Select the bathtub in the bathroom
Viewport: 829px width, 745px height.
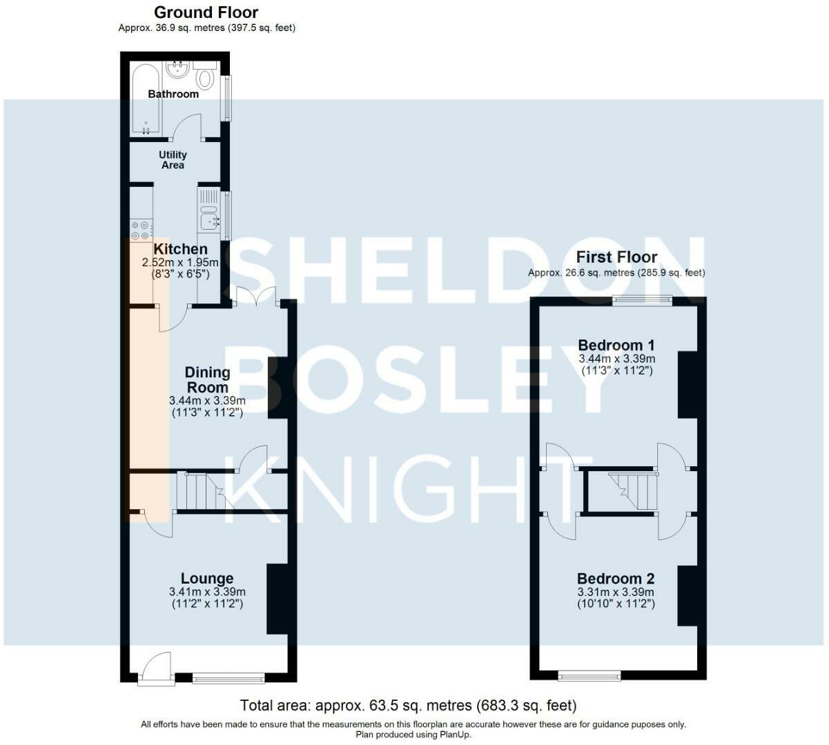pos(146,99)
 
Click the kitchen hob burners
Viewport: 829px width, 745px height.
pos(140,230)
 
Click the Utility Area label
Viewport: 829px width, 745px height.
pos(173,160)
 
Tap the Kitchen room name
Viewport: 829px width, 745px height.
pos(181,249)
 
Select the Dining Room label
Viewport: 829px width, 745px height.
pos(208,379)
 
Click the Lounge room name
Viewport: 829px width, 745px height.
pos(207,578)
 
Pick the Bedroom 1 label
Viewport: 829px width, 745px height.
pos(616,345)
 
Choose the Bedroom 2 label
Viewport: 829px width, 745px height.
pos(616,579)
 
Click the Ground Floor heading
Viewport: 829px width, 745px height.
pos(206,12)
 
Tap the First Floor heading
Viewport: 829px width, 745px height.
pos(616,257)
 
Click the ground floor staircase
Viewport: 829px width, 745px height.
pos(202,492)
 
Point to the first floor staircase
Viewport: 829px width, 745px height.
pos(633,492)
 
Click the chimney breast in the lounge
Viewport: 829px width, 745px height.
pos(277,599)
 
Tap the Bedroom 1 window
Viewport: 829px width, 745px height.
pos(642,300)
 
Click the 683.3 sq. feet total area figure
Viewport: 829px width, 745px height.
pos(527,705)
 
